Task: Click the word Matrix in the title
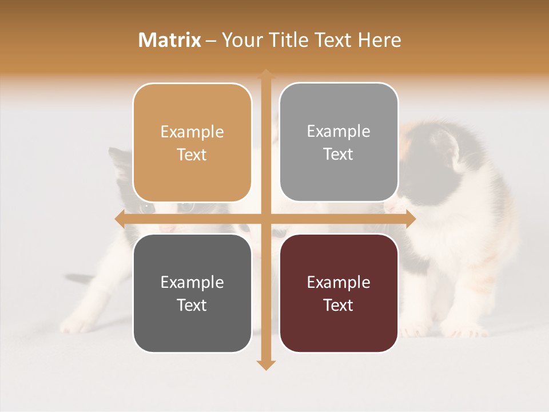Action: [x=170, y=40]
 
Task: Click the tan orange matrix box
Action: [x=192, y=143]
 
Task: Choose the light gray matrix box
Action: [x=339, y=142]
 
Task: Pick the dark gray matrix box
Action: [x=192, y=294]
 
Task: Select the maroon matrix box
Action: [x=339, y=294]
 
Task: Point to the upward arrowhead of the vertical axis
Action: [x=265, y=74]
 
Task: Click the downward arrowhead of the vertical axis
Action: [x=265, y=365]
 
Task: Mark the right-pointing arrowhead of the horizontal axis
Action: [x=410, y=219]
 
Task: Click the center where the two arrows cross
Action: [x=265, y=219]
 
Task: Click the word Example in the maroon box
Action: [x=339, y=282]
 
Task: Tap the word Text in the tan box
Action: [x=192, y=155]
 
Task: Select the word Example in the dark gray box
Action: [x=192, y=282]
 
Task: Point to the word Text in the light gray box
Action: [x=339, y=154]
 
